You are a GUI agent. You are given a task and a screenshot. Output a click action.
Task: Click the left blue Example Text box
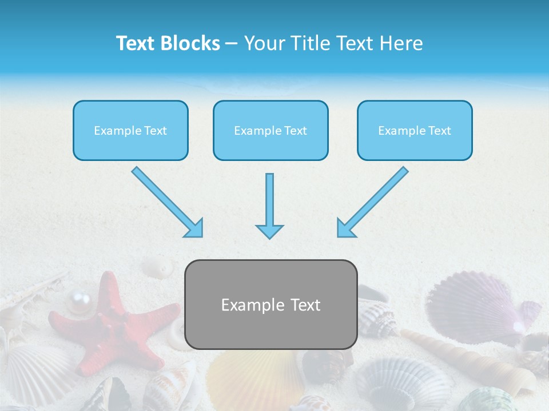130,130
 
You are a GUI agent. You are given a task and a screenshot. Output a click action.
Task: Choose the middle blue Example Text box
270,130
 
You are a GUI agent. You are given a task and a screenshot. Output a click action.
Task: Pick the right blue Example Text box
415,130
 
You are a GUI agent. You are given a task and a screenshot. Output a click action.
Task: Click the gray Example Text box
271,304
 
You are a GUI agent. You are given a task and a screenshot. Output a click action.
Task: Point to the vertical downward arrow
269,205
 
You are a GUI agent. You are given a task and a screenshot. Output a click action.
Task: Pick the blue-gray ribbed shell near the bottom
400,382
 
